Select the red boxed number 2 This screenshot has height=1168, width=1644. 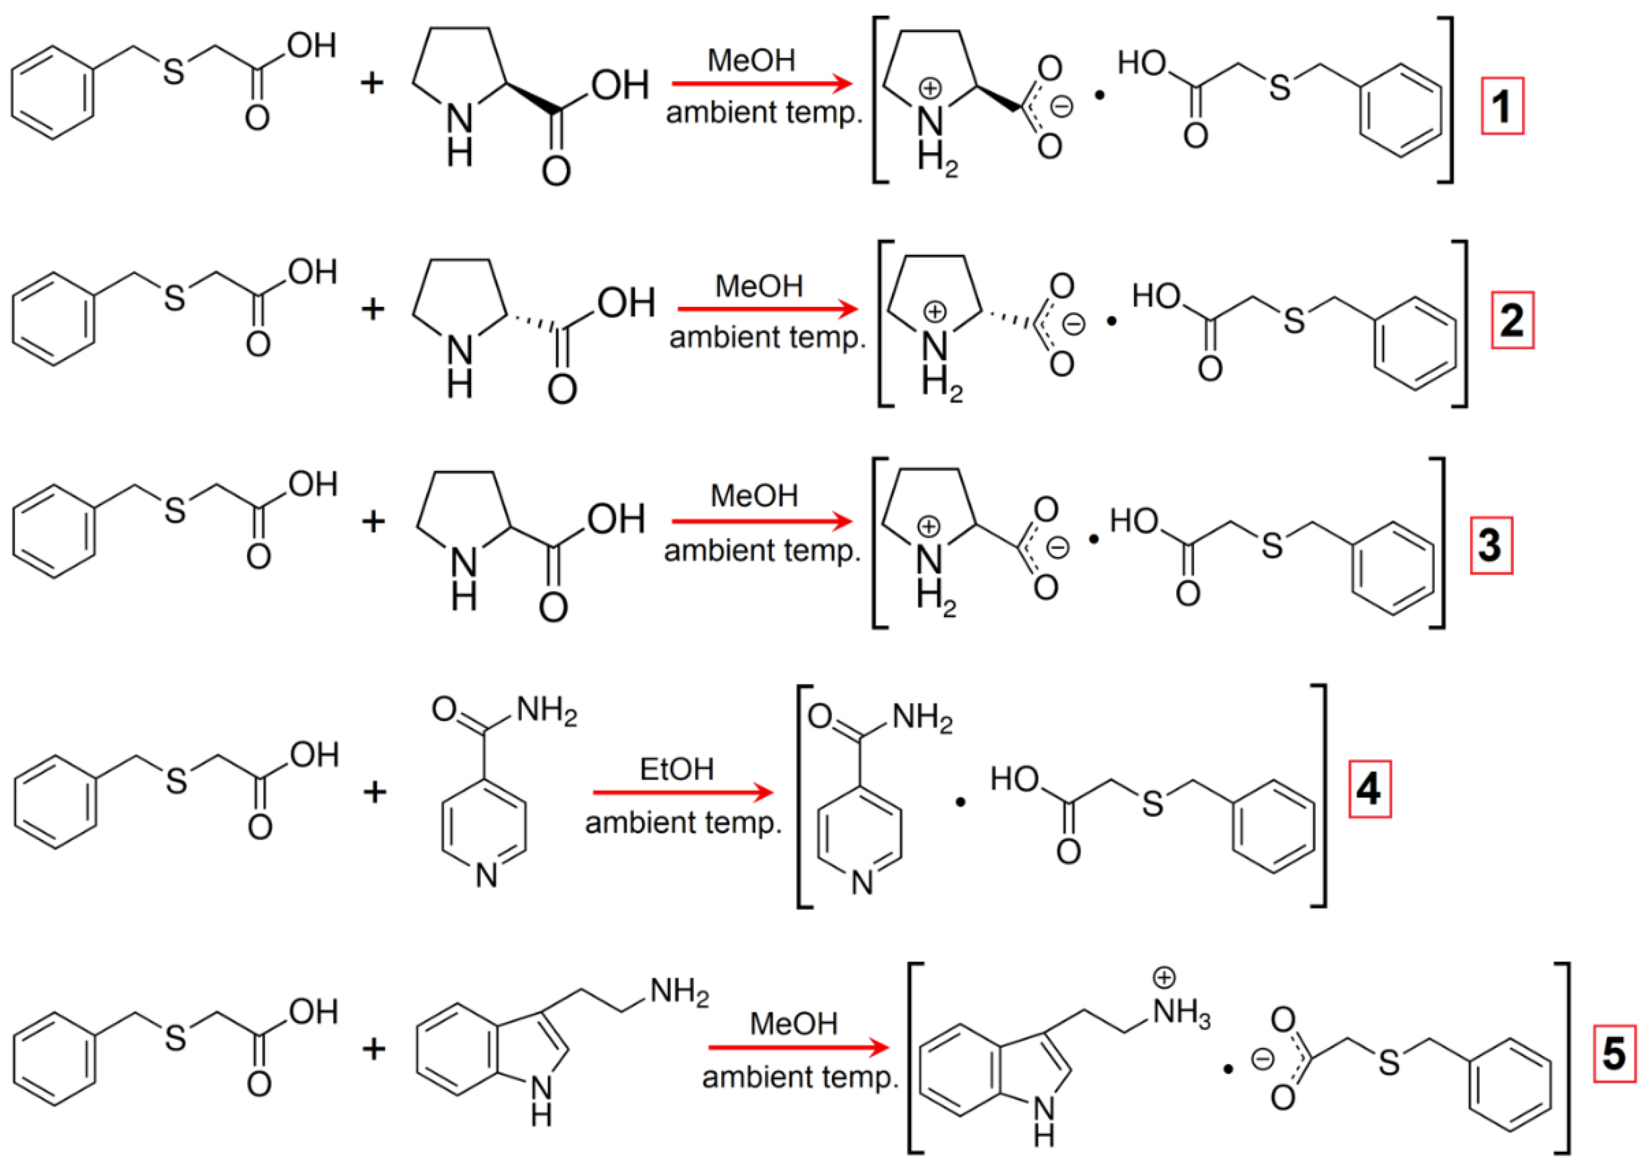[1512, 320]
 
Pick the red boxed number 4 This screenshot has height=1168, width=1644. [1369, 789]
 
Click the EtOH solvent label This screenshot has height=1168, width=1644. [676, 769]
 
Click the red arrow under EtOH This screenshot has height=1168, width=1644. [682, 793]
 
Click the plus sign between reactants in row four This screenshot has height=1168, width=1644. [375, 792]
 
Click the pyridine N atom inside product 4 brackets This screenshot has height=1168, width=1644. [862, 882]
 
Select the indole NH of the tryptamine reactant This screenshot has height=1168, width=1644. [541, 1100]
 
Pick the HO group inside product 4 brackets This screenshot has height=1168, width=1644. [1014, 778]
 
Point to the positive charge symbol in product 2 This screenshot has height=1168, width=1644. [935, 311]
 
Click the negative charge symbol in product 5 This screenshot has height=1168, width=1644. [1263, 1058]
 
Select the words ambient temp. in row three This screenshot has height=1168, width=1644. [762, 551]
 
